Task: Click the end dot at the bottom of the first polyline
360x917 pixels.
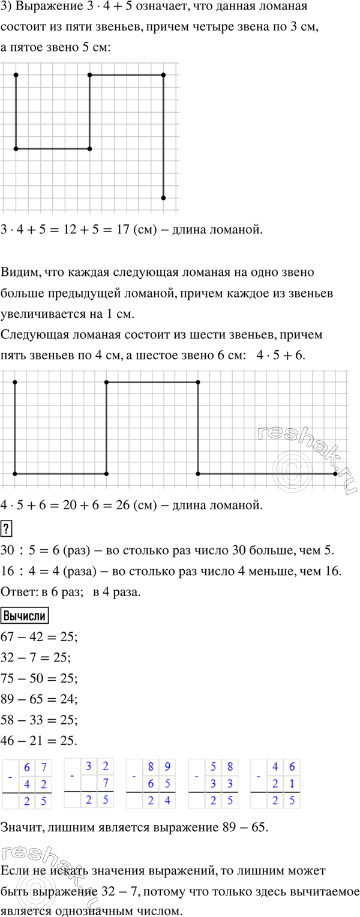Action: (x=163, y=197)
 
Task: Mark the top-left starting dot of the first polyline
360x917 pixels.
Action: (x=16, y=75)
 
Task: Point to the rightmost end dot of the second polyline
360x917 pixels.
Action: (x=335, y=474)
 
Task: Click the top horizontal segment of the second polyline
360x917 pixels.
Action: (x=152, y=382)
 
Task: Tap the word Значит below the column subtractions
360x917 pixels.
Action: (x=23, y=828)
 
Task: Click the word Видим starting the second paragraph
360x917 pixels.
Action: (x=20, y=272)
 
